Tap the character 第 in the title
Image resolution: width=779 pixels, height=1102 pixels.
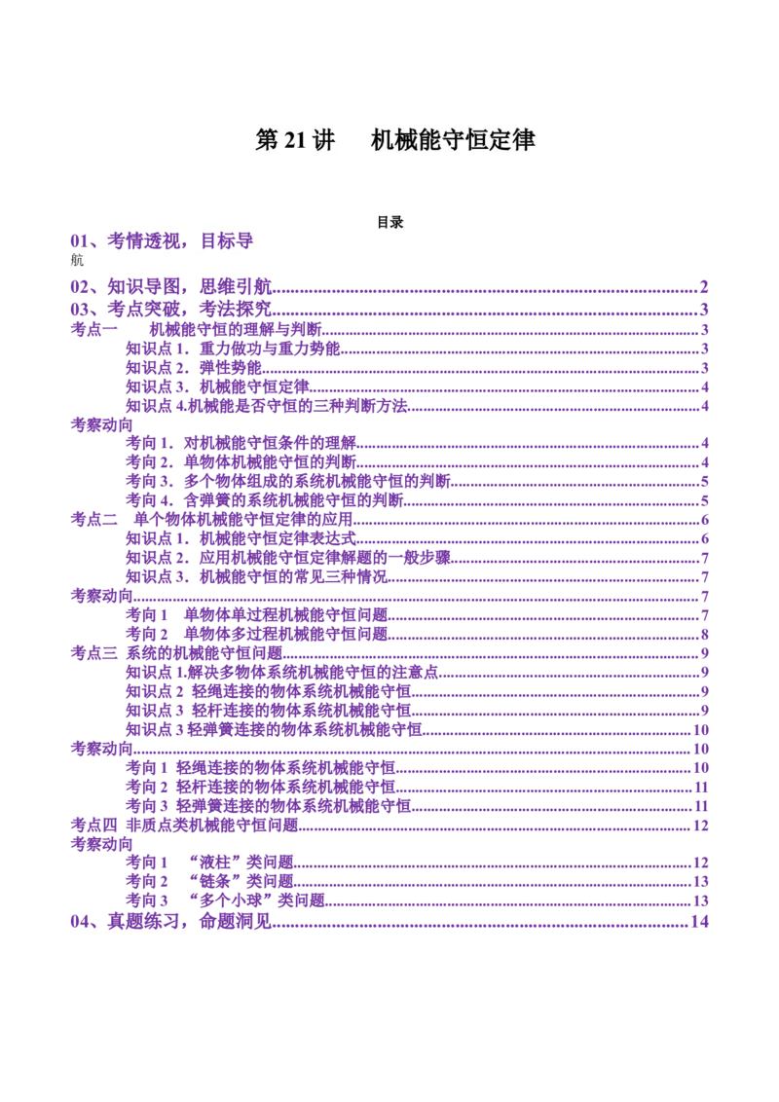click(x=268, y=140)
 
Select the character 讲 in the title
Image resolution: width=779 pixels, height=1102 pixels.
click(x=324, y=140)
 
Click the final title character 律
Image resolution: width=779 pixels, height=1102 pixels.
click(x=524, y=140)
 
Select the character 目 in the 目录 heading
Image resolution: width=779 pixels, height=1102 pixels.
click(x=384, y=222)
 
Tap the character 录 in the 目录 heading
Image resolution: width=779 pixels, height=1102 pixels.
click(x=397, y=222)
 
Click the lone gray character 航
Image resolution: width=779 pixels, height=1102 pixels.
click(x=77, y=260)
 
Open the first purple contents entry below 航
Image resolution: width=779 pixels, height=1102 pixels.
click(x=171, y=284)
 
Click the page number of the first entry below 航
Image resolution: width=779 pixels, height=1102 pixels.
click(x=702, y=284)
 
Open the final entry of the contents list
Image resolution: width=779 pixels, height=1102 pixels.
click(x=171, y=920)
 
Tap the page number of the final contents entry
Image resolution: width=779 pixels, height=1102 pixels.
click(x=698, y=920)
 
